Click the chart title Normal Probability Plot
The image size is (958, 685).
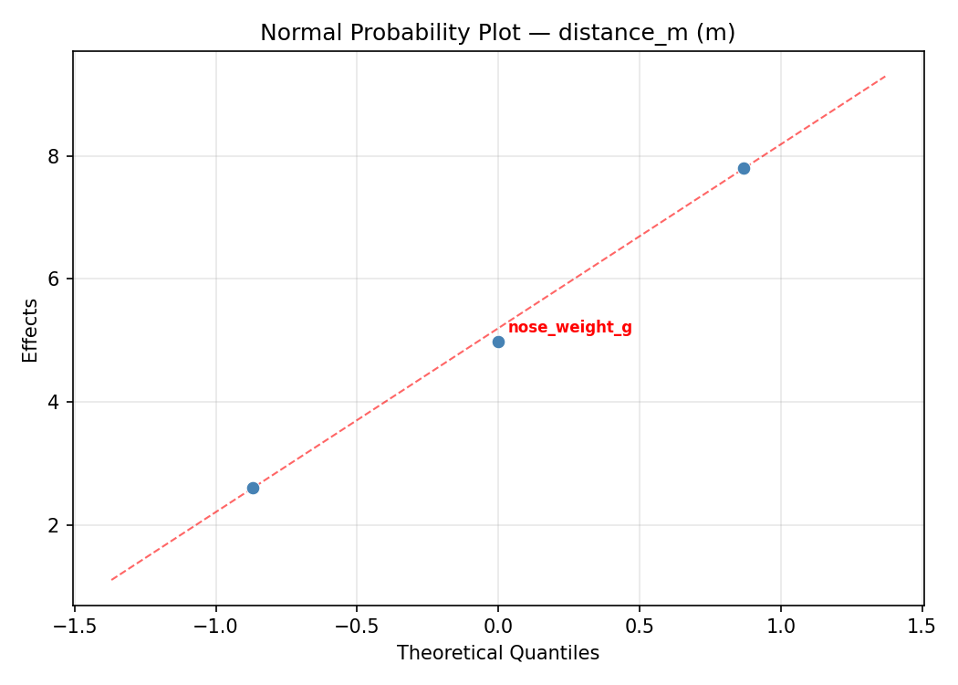pyautogui.click(x=497, y=33)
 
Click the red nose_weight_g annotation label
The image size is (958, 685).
pyautogui.click(x=569, y=328)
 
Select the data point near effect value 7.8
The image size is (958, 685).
pyautogui.click(x=744, y=168)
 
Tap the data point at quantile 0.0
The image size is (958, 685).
pyautogui.click(x=498, y=342)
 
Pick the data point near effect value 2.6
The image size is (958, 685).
pyautogui.click(x=253, y=488)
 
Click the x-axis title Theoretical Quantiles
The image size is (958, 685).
pyautogui.click(x=497, y=654)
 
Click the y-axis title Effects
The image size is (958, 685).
pyautogui.click(x=31, y=330)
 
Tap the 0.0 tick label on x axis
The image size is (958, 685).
pyautogui.click(x=498, y=627)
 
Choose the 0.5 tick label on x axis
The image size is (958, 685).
pyautogui.click(x=639, y=627)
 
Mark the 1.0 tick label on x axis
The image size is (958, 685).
pyautogui.click(x=781, y=627)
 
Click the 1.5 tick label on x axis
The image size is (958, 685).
pyautogui.click(x=922, y=627)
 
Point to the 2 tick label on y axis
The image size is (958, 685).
pyautogui.click(x=53, y=525)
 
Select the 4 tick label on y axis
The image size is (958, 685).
pyautogui.click(x=53, y=402)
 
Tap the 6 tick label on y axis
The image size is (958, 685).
pyautogui.click(x=53, y=279)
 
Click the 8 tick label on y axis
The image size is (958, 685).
pyautogui.click(x=53, y=156)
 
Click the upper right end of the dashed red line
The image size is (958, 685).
pyautogui.click(x=885, y=76)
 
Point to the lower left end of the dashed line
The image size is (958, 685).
pyautogui.click(x=111, y=579)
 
